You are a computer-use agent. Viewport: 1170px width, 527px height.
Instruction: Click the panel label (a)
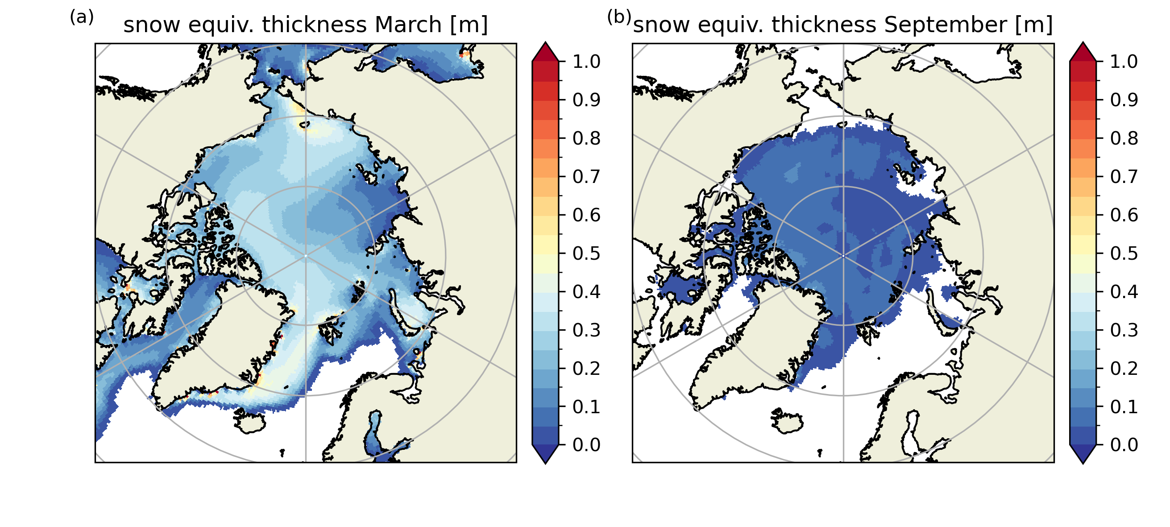pyautogui.click(x=82, y=18)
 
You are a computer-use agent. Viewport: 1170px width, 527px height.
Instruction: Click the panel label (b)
pyautogui.click(x=619, y=18)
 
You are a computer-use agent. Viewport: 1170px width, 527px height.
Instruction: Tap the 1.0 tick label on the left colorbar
pyautogui.click(x=586, y=61)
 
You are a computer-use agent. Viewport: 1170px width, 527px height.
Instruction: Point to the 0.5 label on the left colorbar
pyautogui.click(x=586, y=253)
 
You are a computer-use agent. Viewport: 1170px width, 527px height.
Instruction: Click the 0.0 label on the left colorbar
pyautogui.click(x=586, y=445)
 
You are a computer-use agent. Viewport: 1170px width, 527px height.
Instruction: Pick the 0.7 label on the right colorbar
pyautogui.click(x=1124, y=177)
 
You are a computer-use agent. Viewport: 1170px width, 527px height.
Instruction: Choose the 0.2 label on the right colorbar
pyautogui.click(x=1124, y=369)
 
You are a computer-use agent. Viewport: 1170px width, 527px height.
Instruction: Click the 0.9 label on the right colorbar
pyautogui.click(x=1124, y=100)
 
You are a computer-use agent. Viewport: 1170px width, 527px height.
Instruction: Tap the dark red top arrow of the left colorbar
pyautogui.click(x=545, y=51)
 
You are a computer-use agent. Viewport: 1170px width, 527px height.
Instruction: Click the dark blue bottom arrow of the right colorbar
pyautogui.click(x=1083, y=454)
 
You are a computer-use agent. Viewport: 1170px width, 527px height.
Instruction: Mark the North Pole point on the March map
pyautogui.click(x=306, y=256)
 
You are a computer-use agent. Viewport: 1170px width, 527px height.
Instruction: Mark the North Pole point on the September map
pyautogui.click(x=843, y=256)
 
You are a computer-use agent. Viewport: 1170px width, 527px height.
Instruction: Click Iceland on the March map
pyautogui.click(x=249, y=421)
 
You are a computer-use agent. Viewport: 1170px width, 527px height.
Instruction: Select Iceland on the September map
pyautogui.click(x=787, y=421)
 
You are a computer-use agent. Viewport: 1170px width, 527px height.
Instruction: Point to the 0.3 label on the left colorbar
pyautogui.click(x=586, y=330)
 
